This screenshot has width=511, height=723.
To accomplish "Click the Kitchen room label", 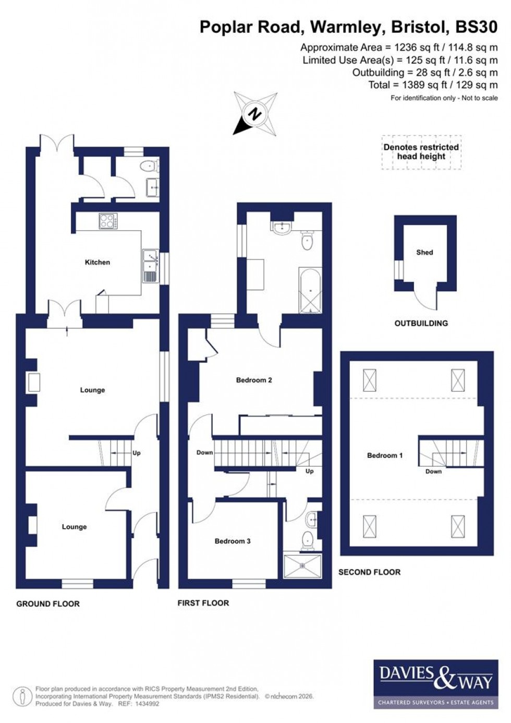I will [98, 262].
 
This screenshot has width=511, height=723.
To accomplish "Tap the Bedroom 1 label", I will [385, 455].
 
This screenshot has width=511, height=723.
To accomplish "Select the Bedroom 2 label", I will [254, 380].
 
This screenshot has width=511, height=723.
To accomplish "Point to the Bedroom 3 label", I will [233, 541].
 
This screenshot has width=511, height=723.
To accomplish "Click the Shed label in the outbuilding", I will [424, 252].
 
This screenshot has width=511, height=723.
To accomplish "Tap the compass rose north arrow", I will [254, 113].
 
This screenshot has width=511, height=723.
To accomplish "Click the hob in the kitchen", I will [108, 221].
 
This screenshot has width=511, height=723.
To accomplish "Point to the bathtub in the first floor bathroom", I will [310, 290].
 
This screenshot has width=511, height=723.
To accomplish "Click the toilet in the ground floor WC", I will [149, 166].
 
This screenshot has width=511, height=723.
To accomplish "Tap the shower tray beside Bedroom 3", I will [302, 566].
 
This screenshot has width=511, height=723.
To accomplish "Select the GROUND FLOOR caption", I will [48, 603].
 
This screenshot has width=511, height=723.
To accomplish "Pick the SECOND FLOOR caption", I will [369, 572].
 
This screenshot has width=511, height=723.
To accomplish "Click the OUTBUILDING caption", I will [421, 323].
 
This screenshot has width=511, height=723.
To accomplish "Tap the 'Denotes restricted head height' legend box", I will [421, 152].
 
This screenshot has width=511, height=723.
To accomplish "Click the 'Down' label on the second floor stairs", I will [433, 471].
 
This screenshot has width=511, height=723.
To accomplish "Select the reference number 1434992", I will [147, 704].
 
